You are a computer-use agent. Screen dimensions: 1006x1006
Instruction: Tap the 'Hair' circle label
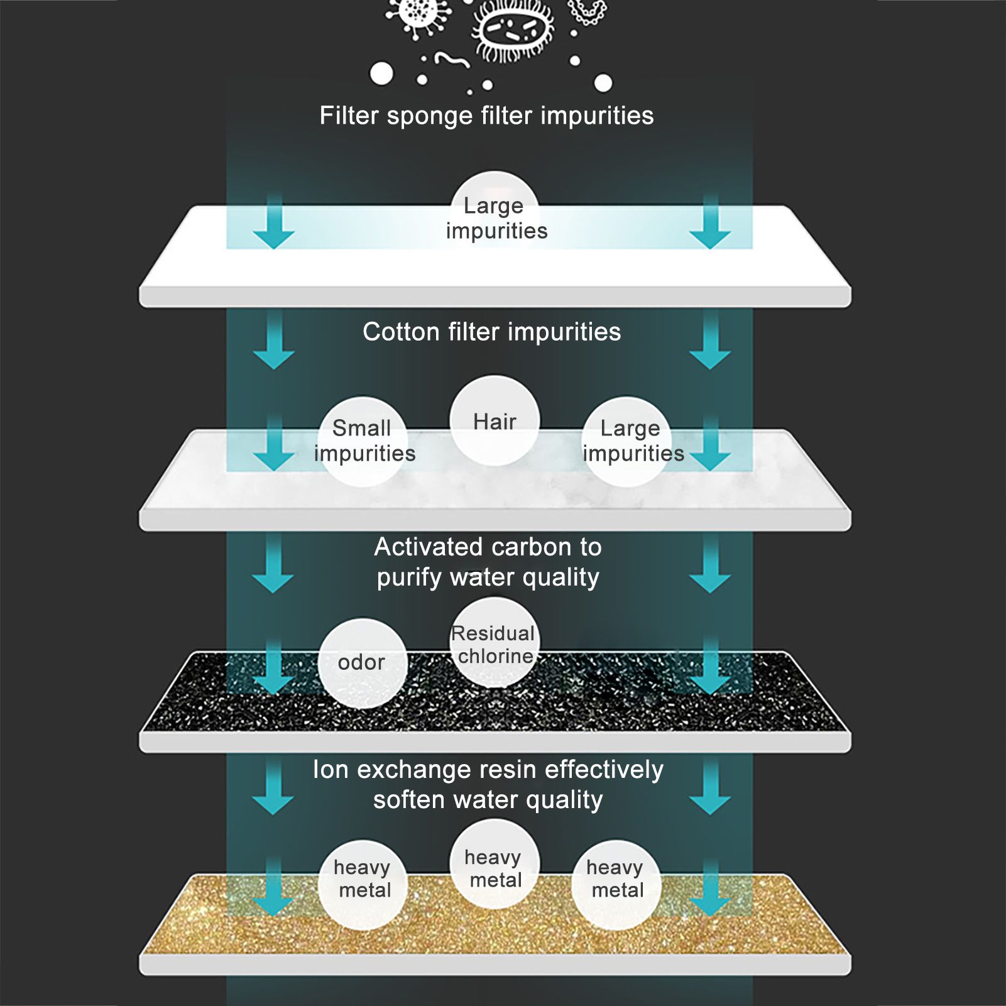coord(495,421)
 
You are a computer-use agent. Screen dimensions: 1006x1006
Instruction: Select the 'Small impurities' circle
coord(364,441)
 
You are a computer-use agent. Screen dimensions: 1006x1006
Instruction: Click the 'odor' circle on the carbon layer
coord(362,662)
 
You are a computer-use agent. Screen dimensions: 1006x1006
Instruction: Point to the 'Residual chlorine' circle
coord(495,643)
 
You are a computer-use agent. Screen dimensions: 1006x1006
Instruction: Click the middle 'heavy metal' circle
coord(494,868)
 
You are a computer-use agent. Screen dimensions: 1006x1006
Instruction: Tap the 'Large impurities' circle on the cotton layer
coord(628,441)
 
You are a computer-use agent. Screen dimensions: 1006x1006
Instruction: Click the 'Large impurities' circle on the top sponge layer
coord(495,217)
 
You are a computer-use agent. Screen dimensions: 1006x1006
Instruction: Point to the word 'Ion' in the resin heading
coord(331,770)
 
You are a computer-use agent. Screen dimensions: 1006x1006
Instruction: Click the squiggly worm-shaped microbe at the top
coord(452,60)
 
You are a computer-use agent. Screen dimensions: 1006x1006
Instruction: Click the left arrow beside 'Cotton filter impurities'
coord(273,342)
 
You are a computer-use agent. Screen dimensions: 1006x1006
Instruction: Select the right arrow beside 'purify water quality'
coord(710,566)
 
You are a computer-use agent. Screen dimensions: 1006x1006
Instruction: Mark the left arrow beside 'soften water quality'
coord(273,789)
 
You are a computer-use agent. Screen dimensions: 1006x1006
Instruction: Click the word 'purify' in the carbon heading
coord(409,577)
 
